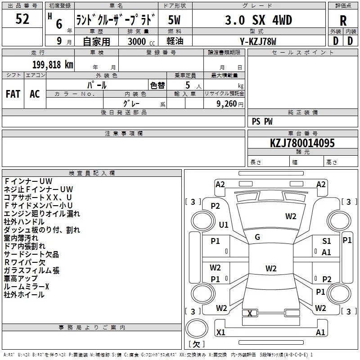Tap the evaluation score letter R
point(343,21)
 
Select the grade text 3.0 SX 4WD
point(258,20)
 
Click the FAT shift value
point(13,94)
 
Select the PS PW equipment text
point(262,121)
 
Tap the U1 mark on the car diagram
point(224,225)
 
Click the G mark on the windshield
point(257,237)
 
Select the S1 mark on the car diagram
point(326,241)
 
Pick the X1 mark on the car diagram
point(220,333)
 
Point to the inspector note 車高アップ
point(21,279)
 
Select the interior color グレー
point(131,103)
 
